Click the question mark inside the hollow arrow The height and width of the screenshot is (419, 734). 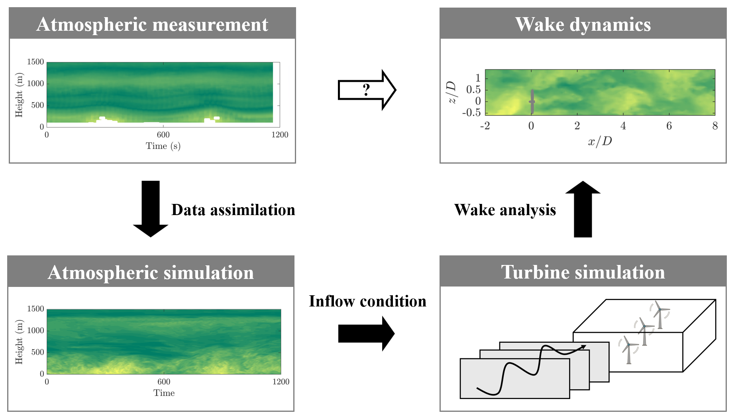(x=367, y=90)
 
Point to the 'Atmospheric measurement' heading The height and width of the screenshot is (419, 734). (x=152, y=24)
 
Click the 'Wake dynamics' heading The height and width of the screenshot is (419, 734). (x=583, y=24)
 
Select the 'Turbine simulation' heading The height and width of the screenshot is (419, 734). (x=583, y=272)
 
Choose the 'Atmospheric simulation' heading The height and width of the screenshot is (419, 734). (x=151, y=273)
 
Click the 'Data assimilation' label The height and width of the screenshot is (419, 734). (x=233, y=210)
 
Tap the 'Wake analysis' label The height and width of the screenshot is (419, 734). (x=505, y=210)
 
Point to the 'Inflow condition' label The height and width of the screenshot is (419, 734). (x=367, y=301)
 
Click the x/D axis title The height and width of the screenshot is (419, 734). (x=600, y=141)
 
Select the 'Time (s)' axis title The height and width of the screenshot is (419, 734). (x=163, y=146)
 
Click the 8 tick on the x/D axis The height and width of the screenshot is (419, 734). (x=715, y=126)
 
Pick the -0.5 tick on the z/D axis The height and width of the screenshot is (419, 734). (x=471, y=113)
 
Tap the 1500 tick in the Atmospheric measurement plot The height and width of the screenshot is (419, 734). (x=35, y=62)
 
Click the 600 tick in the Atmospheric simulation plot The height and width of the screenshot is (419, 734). (x=164, y=382)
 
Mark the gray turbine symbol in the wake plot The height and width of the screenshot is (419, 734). (x=532, y=101)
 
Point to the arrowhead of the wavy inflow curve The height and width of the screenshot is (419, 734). (x=584, y=346)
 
